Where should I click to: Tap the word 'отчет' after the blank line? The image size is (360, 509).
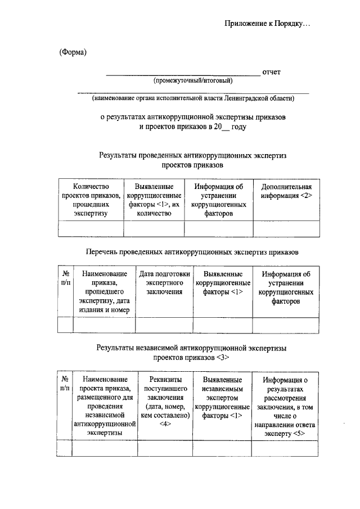click(271, 72)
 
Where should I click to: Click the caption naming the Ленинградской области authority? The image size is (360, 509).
click(193, 98)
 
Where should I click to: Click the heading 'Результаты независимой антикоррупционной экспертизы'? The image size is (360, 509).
click(192, 348)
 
